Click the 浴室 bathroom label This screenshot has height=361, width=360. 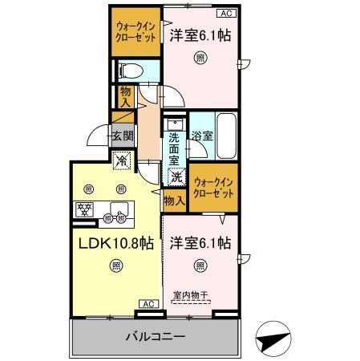coord(202,136)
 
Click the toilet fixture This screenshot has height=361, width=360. coord(130,71)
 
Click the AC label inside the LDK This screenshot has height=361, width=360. coord(148,303)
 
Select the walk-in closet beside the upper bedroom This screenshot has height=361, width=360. coord(135,33)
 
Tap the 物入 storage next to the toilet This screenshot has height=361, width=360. coord(126,97)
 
